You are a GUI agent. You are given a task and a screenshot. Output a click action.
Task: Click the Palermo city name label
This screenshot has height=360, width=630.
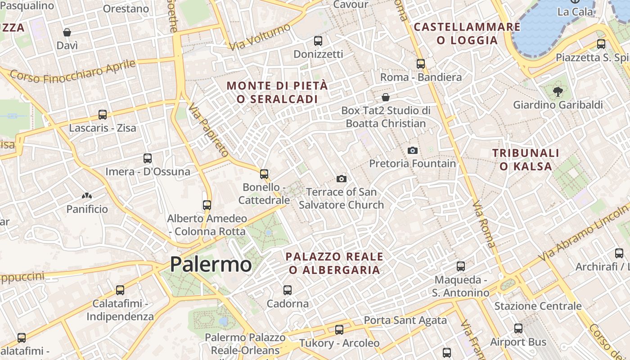(211, 264)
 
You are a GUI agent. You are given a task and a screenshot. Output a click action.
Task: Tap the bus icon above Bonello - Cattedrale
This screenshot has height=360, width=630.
(264, 174)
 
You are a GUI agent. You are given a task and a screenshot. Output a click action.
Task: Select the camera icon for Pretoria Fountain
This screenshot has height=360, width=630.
(412, 150)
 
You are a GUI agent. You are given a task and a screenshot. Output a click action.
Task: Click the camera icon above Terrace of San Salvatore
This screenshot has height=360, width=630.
(342, 179)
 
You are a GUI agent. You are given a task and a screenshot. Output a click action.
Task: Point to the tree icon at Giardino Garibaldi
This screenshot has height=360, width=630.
(558, 92)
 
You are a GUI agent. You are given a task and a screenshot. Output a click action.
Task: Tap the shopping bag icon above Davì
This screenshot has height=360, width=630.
(67, 32)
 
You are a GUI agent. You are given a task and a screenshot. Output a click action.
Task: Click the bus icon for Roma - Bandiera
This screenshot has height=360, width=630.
(421, 64)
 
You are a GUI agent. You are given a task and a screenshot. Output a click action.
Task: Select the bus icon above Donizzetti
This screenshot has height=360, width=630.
(318, 41)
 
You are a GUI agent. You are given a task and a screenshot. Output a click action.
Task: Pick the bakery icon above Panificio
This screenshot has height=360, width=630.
(87, 196)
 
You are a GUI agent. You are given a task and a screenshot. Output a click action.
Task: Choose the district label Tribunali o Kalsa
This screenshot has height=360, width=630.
(526, 160)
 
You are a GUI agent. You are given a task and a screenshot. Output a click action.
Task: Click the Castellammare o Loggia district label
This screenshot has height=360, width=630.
(467, 34)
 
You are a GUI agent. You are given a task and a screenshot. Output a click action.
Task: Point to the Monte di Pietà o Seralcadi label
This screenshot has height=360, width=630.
(277, 92)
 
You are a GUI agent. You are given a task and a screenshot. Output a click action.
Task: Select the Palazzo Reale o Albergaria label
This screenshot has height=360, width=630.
(334, 263)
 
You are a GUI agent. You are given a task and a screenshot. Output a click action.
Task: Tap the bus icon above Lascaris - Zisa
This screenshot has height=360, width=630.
(103, 115)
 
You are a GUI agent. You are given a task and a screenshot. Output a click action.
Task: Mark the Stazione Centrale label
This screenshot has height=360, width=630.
(538, 306)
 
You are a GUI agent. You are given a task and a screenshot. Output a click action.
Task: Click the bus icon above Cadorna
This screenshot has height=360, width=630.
(288, 290)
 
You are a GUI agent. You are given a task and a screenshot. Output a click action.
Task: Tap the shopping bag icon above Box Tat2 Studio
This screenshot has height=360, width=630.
(386, 97)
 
